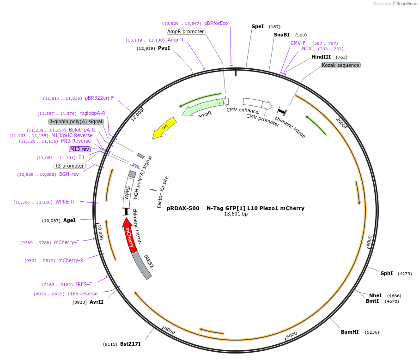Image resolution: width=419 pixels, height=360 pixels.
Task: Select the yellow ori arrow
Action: click(165, 127)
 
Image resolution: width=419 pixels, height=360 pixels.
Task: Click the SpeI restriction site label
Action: click(258, 26)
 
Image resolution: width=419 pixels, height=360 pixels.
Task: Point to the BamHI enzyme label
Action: click(350, 332)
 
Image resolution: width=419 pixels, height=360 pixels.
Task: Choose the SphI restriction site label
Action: click(387, 273)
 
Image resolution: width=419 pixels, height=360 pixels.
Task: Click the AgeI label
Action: click(69, 220)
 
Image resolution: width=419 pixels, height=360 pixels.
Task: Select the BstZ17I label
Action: click(130, 344)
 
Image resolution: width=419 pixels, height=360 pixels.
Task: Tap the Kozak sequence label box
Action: click(340, 65)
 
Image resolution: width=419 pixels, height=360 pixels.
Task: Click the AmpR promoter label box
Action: click(186, 31)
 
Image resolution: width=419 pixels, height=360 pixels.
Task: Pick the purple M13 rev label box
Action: click(80, 149)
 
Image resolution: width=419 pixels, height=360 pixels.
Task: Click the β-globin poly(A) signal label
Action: click(76, 121)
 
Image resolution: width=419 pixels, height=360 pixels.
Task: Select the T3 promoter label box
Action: click(70, 166)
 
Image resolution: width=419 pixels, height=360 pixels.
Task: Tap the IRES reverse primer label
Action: click(82, 294)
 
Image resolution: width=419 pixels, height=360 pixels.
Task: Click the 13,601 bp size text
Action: click(236, 214)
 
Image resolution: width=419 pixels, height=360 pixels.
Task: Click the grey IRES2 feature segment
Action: click(142, 267)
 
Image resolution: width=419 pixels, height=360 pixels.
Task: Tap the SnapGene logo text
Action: click(407, 4)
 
